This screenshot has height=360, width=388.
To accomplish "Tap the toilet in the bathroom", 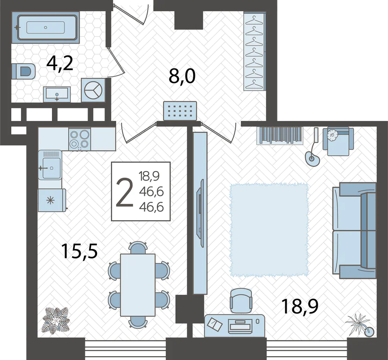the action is [x=23, y=71].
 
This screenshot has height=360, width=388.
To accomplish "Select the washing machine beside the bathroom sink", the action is [x=93, y=90].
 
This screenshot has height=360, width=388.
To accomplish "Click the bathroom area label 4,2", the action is [x=60, y=64].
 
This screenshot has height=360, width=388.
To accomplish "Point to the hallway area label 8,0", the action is [x=182, y=76].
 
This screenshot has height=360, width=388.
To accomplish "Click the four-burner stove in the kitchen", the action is [x=80, y=139].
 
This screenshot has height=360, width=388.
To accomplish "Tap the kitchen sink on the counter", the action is [x=50, y=165].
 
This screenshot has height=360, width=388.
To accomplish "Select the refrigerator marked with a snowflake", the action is [x=52, y=200].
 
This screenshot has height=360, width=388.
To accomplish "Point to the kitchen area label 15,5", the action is [x=80, y=251].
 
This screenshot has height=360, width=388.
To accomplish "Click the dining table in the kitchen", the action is [x=138, y=285].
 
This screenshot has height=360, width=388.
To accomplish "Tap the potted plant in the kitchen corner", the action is [x=56, y=320].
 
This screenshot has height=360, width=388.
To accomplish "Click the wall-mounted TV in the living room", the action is [x=200, y=213].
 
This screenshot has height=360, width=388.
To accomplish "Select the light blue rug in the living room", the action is [x=269, y=230].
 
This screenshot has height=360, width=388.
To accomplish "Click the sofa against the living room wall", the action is [x=354, y=231].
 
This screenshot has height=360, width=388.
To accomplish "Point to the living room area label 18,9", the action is [x=299, y=306].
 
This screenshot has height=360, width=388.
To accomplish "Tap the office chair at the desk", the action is [x=241, y=301].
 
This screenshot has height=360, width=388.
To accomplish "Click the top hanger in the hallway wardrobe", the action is [x=254, y=20].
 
